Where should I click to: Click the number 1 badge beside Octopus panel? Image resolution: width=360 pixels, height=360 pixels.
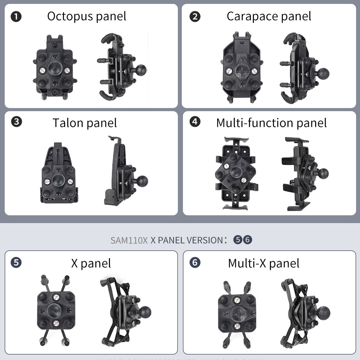[x=16, y=16]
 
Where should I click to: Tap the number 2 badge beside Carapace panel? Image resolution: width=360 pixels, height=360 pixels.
[x=195, y=16]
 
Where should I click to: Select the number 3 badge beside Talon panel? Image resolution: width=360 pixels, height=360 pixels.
[x=16, y=122]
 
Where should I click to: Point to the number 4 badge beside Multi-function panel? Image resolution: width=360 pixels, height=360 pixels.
[x=195, y=122]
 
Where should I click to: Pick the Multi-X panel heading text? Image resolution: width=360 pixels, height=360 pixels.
[x=264, y=263]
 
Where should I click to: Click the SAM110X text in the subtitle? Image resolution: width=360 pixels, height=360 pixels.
[x=129, y=240]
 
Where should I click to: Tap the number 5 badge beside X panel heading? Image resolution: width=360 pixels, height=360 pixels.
[x=16, y=262]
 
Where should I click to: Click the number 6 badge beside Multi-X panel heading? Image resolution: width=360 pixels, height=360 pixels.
[x=195, y=262]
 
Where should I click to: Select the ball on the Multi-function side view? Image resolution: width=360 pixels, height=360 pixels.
[x=321, y=174]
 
